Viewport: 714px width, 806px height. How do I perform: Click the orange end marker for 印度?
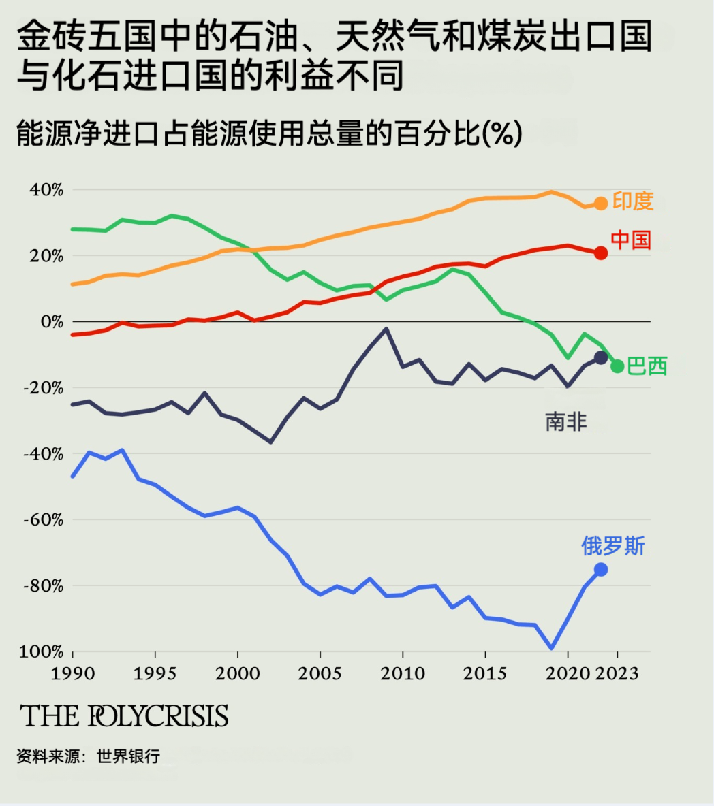[601, 204]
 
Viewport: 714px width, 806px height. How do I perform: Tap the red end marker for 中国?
[601, 253]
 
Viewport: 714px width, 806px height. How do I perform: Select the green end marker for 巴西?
[617, 366]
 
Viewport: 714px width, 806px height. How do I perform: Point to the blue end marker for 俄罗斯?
[601, 570]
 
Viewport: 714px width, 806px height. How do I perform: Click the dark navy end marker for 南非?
[601, 357]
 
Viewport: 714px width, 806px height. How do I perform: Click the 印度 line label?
[633, 201]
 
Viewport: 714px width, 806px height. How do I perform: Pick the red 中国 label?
[631, 240]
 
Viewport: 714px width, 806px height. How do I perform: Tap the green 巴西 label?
[647, 366]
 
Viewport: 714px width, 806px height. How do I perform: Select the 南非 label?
[565, 422]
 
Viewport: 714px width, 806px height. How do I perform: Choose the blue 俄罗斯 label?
[613, 546]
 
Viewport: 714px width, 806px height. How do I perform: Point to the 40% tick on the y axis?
[46, 190]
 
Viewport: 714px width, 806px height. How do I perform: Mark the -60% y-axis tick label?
[43, 520]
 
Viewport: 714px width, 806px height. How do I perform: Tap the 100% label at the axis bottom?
[42, 652]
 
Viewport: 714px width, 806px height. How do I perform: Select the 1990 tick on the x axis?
[72, 674]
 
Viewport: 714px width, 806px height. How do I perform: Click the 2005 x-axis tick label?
[320, 674]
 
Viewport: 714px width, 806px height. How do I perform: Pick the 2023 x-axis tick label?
[617, 674]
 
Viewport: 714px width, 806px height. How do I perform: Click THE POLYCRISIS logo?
[124, 716]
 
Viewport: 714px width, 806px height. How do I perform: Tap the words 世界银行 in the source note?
[129, 756]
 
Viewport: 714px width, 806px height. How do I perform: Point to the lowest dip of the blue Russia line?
[551, 648]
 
